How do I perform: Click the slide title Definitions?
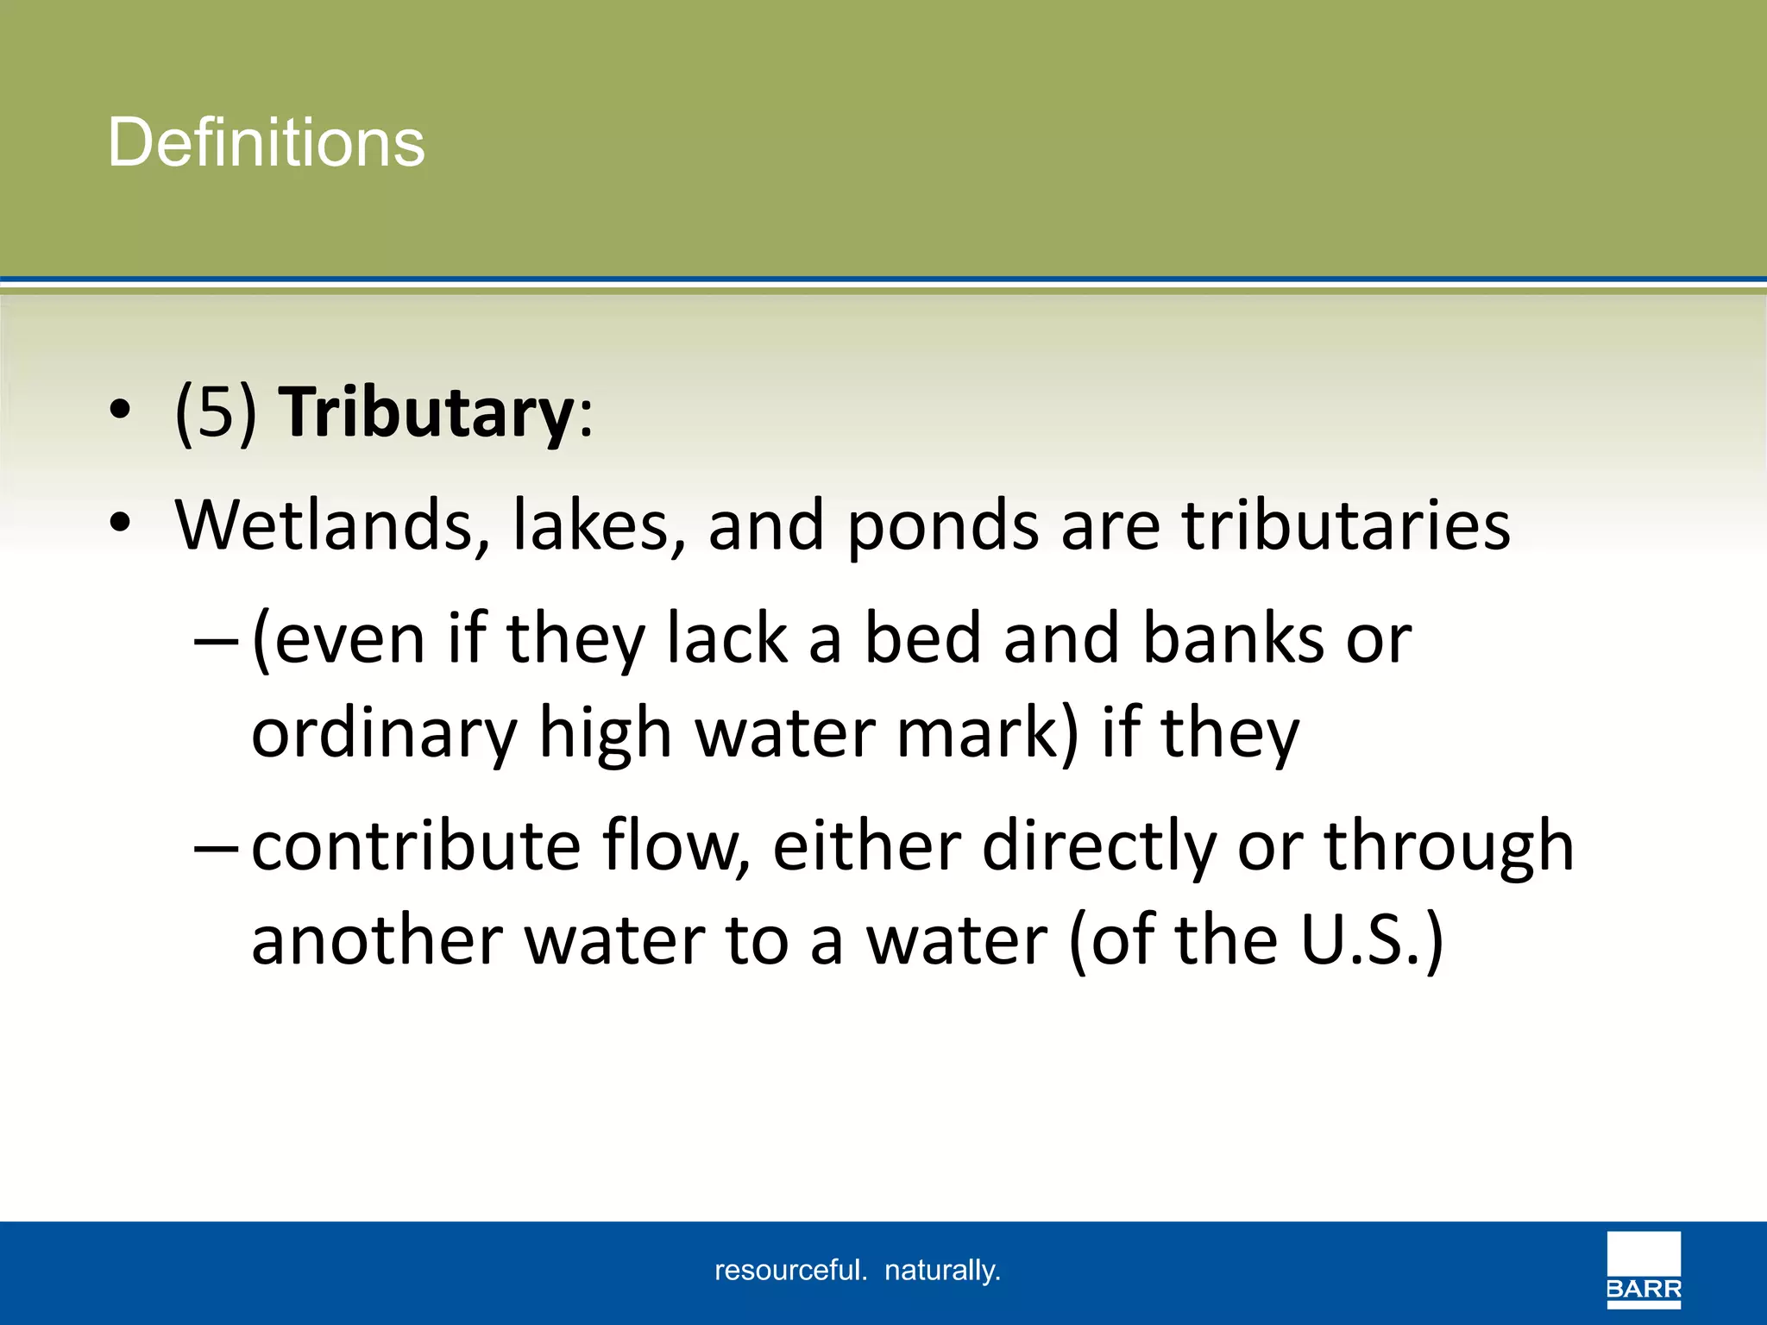[266, 142]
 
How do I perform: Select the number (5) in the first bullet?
[216, 412]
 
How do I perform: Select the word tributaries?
[1346, 524]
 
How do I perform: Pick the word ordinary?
[383, 733]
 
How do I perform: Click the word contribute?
[416, 845]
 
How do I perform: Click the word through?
[1449, 845]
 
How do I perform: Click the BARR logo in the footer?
[1644, 1269]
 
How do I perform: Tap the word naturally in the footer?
[942, 1270]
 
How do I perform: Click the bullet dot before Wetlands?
[121, 524]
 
